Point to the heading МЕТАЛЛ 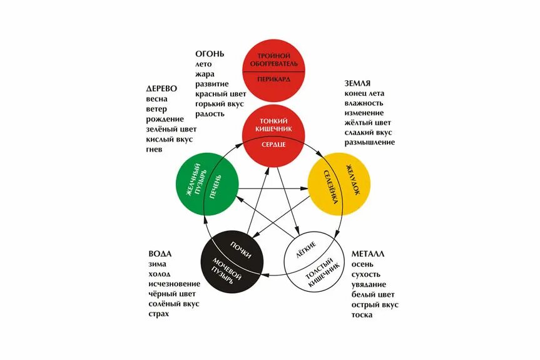(368, 254)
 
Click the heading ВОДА (160, 254)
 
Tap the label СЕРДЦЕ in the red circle (273, 145)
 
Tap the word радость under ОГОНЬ (210, 114)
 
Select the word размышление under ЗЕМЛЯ (369, 143)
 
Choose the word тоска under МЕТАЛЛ (362, 314)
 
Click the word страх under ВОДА (160, 314)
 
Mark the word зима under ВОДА (158, 264)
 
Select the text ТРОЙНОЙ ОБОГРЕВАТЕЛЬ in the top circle (273, 60)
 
